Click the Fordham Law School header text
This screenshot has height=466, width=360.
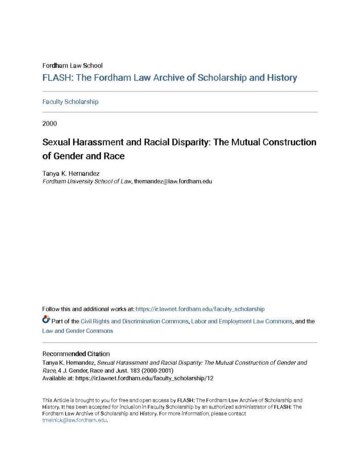[x=72, y=65]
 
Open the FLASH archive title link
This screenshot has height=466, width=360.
[x=170, y=78]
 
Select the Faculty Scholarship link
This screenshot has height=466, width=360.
[x=70, y=102]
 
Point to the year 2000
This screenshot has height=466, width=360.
[x=50, y=123]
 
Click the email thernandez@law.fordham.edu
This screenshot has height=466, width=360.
[x=173, y=181]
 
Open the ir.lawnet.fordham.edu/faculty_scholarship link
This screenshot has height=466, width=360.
[x=200, y=309]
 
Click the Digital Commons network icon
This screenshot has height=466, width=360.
[x=46, y=320]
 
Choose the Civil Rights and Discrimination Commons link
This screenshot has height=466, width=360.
[x=134, y=321]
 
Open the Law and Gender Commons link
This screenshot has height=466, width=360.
[x=78, y=331]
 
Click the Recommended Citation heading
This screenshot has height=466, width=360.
[x=76, y=354]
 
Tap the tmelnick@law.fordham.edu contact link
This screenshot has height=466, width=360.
[x=74, y=420]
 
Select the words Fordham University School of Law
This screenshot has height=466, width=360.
[x=87, y=181]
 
